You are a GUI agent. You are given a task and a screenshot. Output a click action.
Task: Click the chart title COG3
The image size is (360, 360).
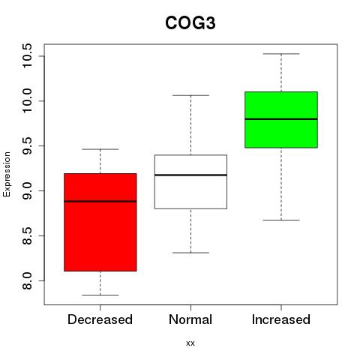click(x=190, y=23)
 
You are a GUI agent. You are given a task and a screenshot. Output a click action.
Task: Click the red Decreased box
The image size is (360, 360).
click(x=100, y=222)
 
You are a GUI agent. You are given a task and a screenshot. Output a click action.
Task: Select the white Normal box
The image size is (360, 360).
click(x=190, y=181)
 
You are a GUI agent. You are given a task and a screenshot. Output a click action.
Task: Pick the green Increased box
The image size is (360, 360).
click(x=281, y=120)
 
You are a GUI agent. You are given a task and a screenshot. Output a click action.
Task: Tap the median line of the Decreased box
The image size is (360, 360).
click(x=100, y=201)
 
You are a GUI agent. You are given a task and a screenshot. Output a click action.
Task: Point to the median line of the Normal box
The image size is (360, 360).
click(x=190, y=175)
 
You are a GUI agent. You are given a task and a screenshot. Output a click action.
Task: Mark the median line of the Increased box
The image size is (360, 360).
click(x=281, y=119)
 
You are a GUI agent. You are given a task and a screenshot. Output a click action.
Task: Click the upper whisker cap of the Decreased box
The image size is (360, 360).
click(x=100, y=149)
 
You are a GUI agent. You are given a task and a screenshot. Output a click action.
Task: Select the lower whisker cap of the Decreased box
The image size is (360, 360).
click(x=100, y=295)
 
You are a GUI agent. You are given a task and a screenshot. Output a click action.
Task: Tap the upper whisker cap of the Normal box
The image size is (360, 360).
click(x=190, y=95)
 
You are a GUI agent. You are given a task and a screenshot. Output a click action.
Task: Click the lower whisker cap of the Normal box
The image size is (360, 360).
click(x=190, y=253)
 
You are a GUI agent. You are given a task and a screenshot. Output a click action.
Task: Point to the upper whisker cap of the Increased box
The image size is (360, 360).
click(x=281, y=54)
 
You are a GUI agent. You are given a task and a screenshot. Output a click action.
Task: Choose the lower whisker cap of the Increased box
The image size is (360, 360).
click(x=281, y=220)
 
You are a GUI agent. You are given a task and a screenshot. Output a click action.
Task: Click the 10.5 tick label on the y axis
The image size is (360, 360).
click(x=27, y=55)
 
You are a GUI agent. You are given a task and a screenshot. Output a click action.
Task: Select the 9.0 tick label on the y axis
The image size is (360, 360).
click(x=27, y=190)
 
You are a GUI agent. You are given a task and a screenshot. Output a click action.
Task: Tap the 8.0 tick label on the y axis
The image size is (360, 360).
click(x=27, y=280)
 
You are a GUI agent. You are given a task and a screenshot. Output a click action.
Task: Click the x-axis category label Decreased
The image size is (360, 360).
click(x=100, y=319)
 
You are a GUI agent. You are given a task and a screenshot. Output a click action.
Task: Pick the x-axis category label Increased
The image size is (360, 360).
click(x=281, y=319)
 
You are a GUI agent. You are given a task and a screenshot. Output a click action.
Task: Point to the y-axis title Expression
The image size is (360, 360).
click(x=7, y=174)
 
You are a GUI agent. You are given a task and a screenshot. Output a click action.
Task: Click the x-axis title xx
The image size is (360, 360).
click(x=190, y=343)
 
